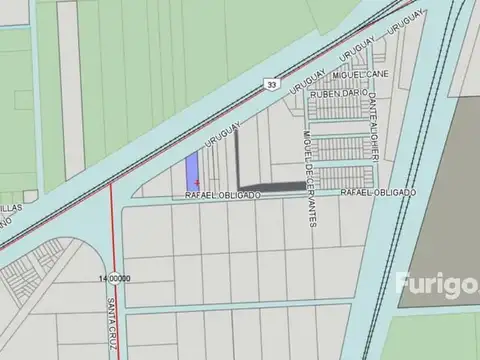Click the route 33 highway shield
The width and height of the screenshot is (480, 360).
coord(272,86)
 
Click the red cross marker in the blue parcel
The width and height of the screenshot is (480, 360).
coord(196,180)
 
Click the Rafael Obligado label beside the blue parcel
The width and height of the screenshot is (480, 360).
coord(223,196)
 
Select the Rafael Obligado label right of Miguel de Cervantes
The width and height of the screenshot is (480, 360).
coord(377,191)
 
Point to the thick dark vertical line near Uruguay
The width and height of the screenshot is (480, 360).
coord(238,155)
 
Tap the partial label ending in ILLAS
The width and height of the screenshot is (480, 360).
coord(10,209)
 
